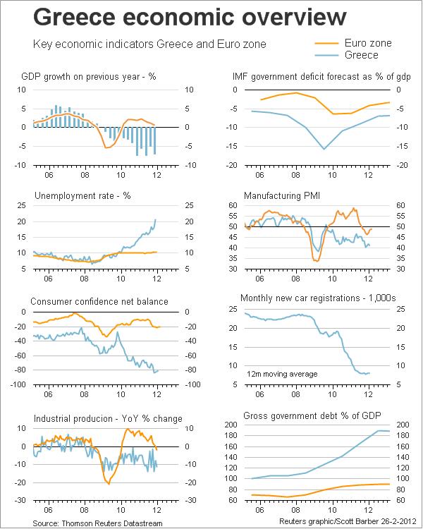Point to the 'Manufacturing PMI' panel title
[x=282, y=195]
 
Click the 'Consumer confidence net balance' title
[x=99, y=301]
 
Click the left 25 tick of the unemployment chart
[x=22, y=205]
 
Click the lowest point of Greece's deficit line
[x=324, y=149]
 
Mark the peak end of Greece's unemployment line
[x=156, y=220]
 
